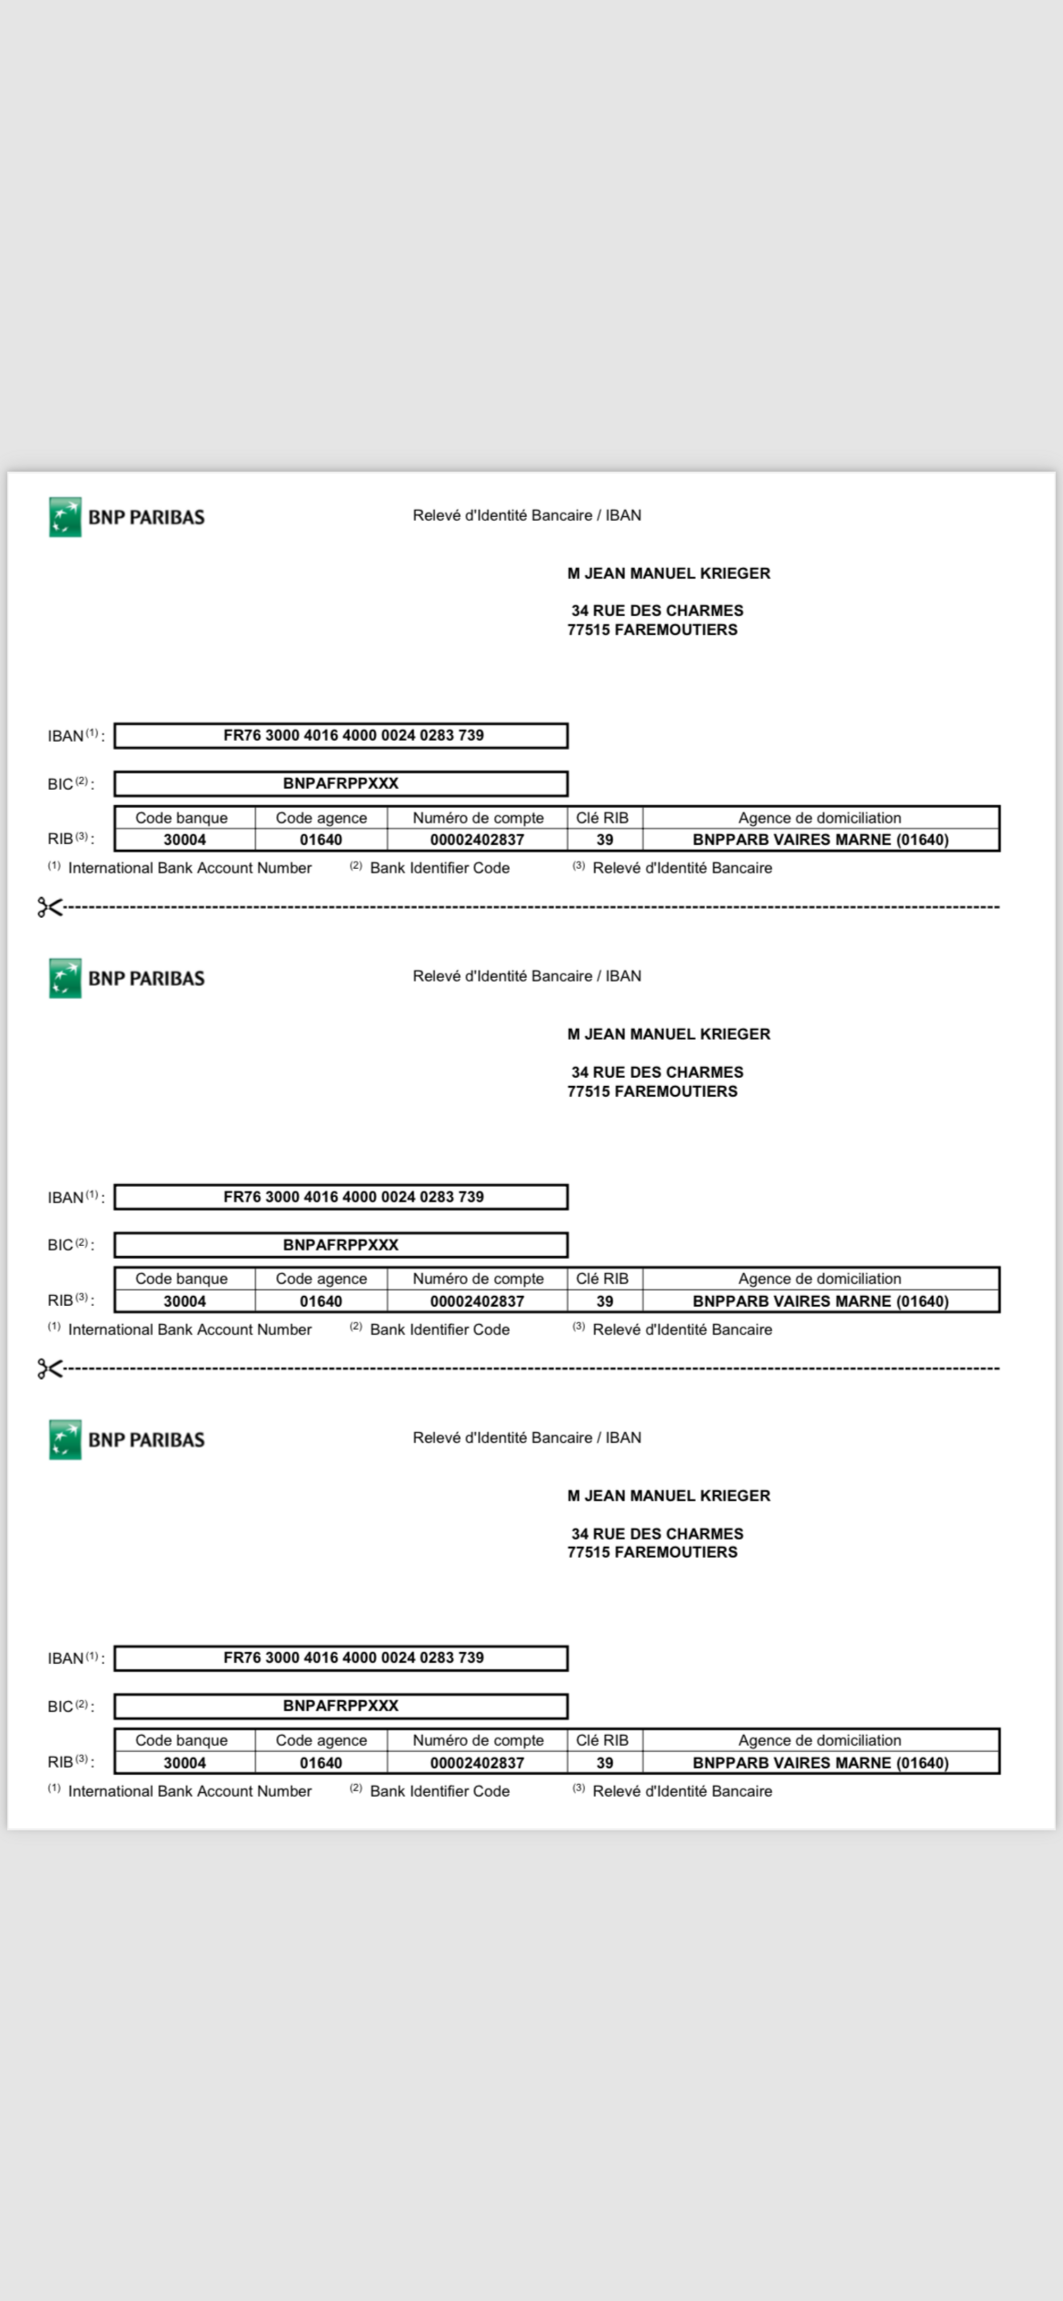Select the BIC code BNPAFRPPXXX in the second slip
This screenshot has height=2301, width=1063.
(340, 1244)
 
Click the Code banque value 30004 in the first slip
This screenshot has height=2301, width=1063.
(184, 839)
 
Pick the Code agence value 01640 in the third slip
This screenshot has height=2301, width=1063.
(320, 1762)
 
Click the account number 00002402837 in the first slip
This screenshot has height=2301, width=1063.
(477, 839)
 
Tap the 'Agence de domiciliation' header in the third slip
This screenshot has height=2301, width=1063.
(819, 1740)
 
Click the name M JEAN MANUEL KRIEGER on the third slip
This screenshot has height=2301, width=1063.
(668, 1496)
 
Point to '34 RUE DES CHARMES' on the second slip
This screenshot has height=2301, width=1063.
(657, 1072)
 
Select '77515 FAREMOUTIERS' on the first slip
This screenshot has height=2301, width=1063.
(652, 629)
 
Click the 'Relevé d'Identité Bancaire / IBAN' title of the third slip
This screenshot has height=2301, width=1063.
(526, 1437)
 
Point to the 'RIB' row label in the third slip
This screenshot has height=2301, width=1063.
(61, 1762)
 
